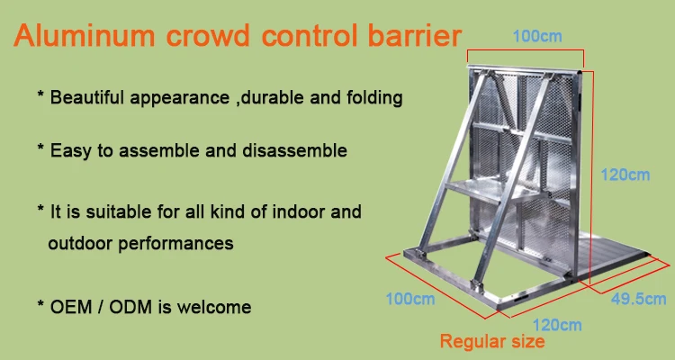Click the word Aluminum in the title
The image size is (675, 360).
coord(85,35)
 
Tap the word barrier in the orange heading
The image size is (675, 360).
coord(414,35)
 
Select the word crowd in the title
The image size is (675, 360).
coord(208,35)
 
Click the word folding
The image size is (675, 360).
coord(374,98)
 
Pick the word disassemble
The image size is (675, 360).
coord(294,150)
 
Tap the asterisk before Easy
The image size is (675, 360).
coord(40,148)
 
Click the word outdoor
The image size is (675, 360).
coord(80,243)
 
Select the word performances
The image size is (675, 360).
coord(176,244)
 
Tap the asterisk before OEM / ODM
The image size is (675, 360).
coord(40,304)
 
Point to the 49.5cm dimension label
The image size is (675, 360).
coord(638,299)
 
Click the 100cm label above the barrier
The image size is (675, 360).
coord(537,36)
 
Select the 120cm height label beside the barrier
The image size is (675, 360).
coord(625,175)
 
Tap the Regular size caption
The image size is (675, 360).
coord(492,341)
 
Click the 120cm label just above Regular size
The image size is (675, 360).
coord(557,325)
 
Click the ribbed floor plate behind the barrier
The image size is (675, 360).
coord(611,258)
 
